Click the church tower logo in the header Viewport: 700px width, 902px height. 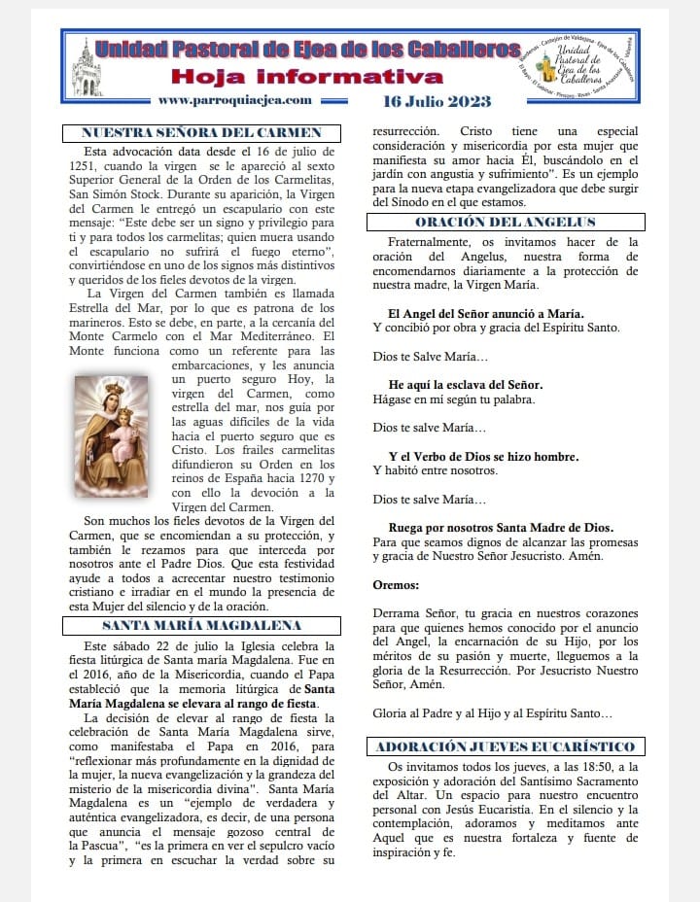click(86, 67)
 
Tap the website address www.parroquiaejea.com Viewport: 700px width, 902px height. click(234, 99)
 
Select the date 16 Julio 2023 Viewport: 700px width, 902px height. click(437, 101)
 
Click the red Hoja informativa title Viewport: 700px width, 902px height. click(308, 77)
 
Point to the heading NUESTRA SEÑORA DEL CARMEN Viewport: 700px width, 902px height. click(201, 134)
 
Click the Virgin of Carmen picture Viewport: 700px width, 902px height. click(111, 436)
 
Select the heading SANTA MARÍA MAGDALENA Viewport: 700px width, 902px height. click(201, 624)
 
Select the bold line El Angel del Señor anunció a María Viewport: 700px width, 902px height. click(485, 313)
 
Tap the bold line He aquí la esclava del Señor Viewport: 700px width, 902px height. click(465, 384)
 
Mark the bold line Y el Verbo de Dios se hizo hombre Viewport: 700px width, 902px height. click(483, 456)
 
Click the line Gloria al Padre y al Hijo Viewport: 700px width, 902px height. click(493, 712)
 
